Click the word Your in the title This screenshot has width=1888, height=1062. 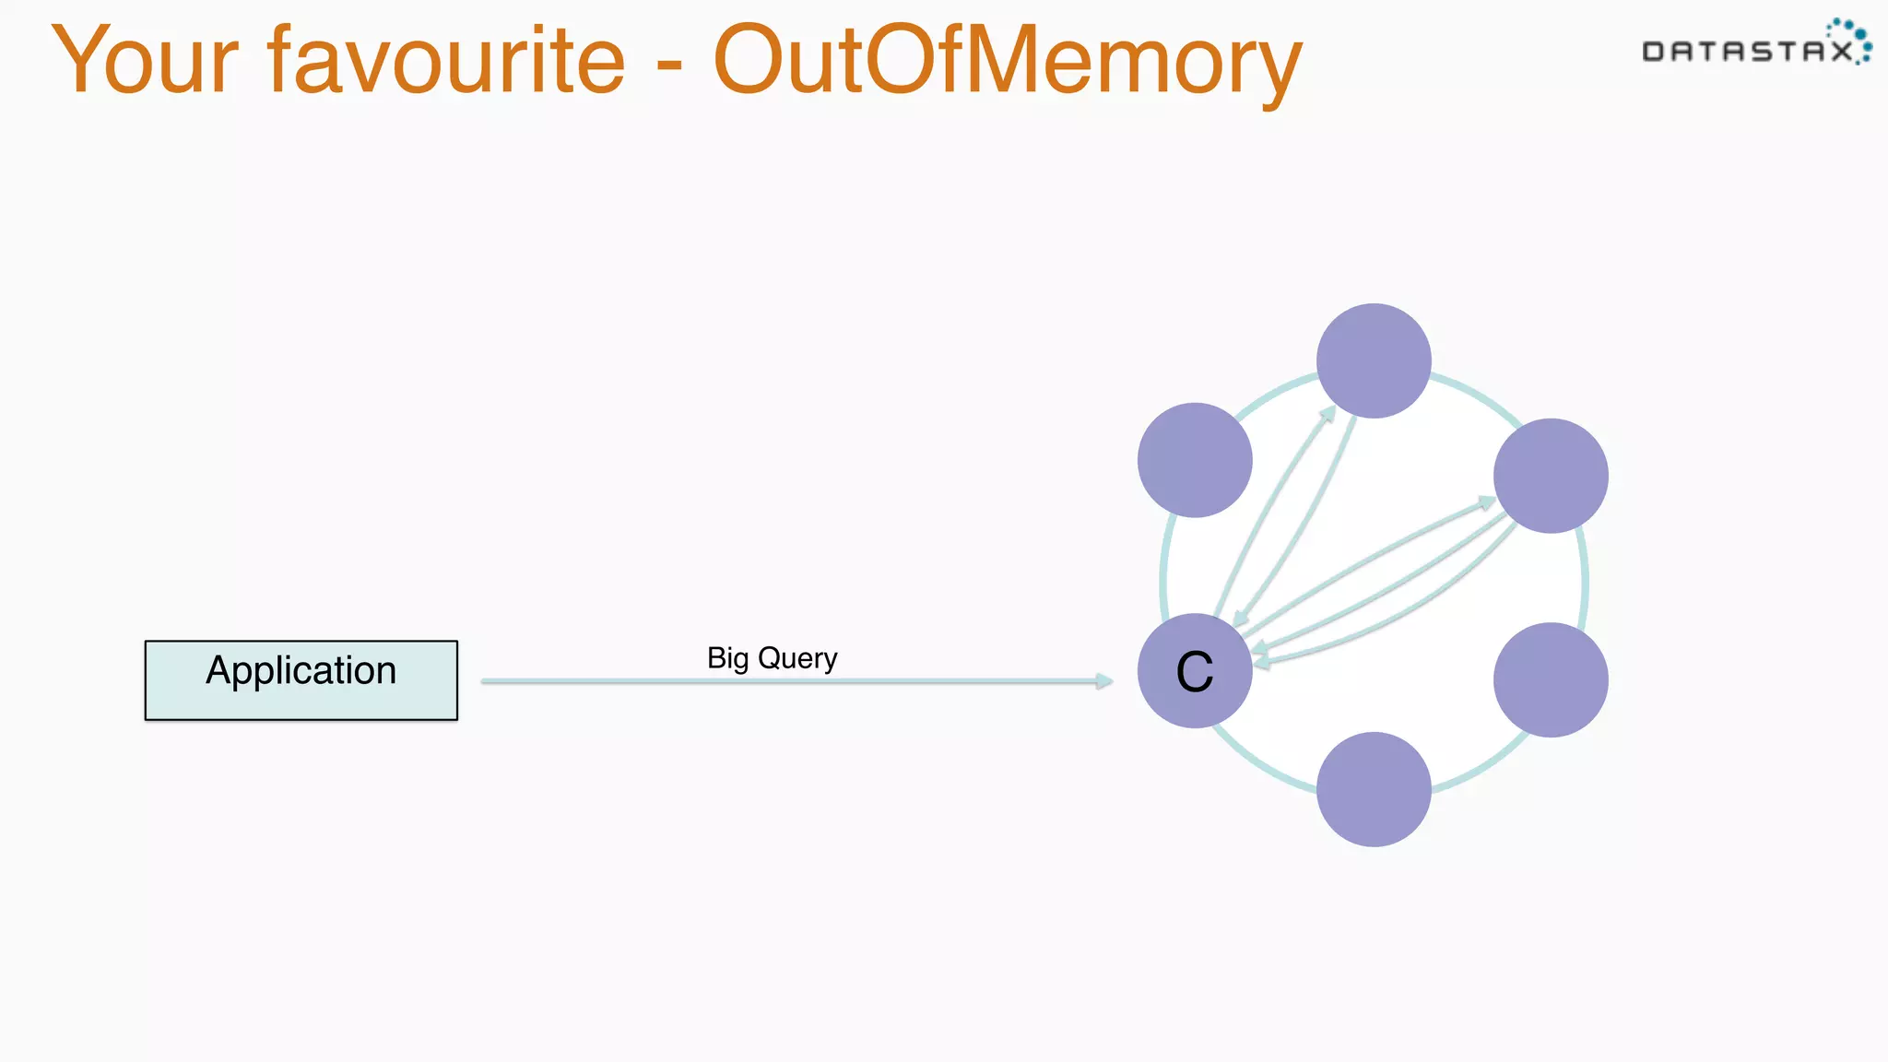tap(146, 61)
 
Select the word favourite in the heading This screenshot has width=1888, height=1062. tap(446, 61)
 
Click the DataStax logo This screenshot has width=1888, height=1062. tap(1755, 44)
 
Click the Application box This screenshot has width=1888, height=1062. tap(301, 680)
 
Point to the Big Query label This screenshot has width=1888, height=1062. tap(772, 658)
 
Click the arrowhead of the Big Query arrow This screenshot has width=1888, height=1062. tap(1104, 681)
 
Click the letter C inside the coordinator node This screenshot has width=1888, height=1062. tap(1195, 671)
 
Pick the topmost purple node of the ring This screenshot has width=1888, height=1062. tap(1374, 360)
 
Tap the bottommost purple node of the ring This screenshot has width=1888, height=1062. tap(1374, 789)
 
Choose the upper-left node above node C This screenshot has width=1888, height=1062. tap(1195, 460)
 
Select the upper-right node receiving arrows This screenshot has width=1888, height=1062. tap(1551, 476)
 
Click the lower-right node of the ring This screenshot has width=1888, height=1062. tap(1551, 680)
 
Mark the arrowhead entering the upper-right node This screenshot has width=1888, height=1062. tap(1486, 502)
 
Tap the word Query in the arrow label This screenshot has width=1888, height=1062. tap(797, 658)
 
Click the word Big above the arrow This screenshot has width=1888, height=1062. tap(727, 658)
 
